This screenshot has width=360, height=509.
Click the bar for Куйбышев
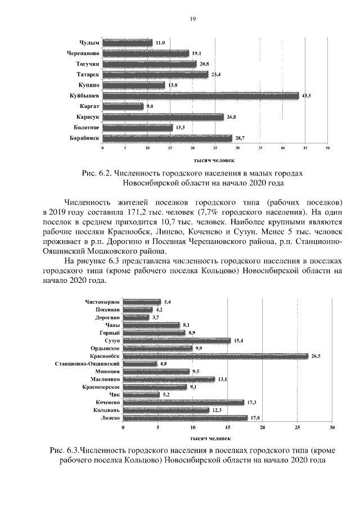pyautogui.click(x=200, y=96)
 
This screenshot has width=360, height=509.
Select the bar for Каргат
pyautogui.click(x=123, y=106)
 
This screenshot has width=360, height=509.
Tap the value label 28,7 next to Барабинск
pyautogui.click(x=239, y=138)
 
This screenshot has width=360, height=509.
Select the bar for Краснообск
pyautogui.click(x=215, y=355)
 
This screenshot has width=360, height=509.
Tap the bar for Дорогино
pyautogui.click(x=136, y=317)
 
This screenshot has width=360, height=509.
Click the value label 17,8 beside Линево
pyautogui.click(x=255, y=418)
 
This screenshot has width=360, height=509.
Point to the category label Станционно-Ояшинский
pyautogui.click(x=87, y=364)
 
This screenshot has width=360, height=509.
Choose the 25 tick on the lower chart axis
pyautogui.click(x=297, y=429)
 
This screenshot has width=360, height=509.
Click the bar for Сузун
pyautogui.click(x=177, y=340)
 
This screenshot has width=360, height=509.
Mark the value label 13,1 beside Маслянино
pyautogui.click(x=223, y=379)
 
